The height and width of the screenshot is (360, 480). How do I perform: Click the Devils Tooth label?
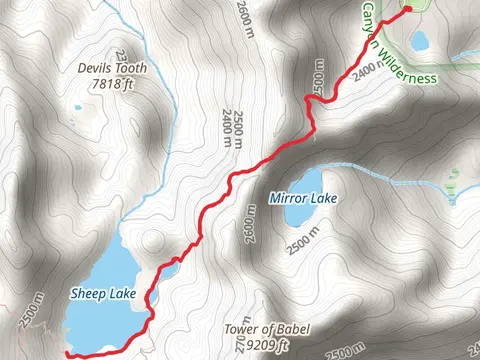[112, 69]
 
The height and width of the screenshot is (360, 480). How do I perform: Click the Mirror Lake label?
[303, 198]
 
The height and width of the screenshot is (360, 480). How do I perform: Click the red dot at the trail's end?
[407, 10]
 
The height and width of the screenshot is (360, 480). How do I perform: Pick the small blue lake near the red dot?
[419, 41]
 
